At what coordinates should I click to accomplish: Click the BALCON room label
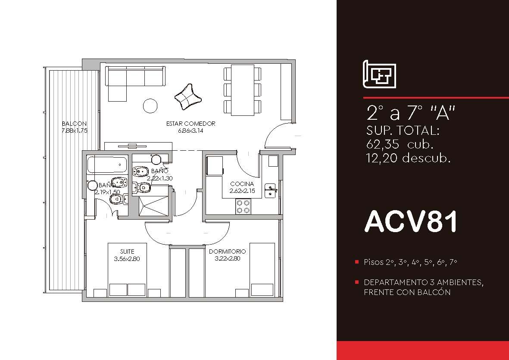(x=74, y=124)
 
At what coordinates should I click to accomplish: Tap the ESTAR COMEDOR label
(x=190, y=124)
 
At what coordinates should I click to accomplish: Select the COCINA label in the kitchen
(x=242, y=184)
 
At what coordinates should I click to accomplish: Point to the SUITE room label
(x=127, y=251)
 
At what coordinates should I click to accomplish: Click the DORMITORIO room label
(x=227, y=251)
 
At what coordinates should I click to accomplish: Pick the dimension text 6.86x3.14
(x=190, y=131)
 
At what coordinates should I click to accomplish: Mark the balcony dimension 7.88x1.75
(x=74, y=131)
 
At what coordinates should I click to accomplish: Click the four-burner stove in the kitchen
(x=243, y=206)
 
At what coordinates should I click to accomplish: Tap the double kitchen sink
(x=270, y=190)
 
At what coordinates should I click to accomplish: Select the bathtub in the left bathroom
(x=107, y=165)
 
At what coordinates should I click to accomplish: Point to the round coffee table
(x=150, y=106)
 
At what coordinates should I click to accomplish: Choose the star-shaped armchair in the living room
(x=188, y=97)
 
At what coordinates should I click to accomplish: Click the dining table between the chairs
(x=243, y=90)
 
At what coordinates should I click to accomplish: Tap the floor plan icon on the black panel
(x=379, y=74)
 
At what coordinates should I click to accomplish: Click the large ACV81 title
(x=411, y=221)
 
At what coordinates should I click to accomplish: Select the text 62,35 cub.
(x=400, y=144)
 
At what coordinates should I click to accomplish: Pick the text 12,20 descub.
(x=408, y=158)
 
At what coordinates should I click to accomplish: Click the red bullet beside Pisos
(x=357, y=262)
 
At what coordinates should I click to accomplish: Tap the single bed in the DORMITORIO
(x=262, y=270)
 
